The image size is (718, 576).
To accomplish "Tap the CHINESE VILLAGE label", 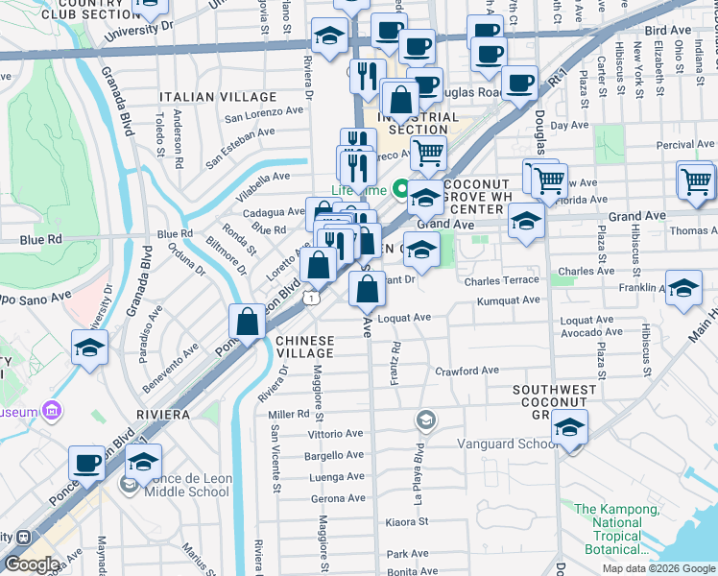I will pyautogui.click(x=305, y=347).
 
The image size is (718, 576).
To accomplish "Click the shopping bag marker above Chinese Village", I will pyautogui.click(x=248, y=323).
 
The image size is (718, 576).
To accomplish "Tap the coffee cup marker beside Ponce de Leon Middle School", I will pyautogui.click(x=87, y=463).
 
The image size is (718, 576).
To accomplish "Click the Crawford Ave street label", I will pyautogui.click(x=467, y=371).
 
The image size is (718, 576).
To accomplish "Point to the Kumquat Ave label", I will pyautogui.click(x=513, y=300).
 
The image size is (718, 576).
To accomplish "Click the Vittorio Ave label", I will pyautogui.click(x=334, y=434).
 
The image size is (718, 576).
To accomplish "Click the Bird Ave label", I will pyautogui.click(x=668, y=32).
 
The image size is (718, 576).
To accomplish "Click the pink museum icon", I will pyautogui.click(x=53, y=412).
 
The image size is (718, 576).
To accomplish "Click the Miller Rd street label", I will pyautogui.click(x=289, y=414).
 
